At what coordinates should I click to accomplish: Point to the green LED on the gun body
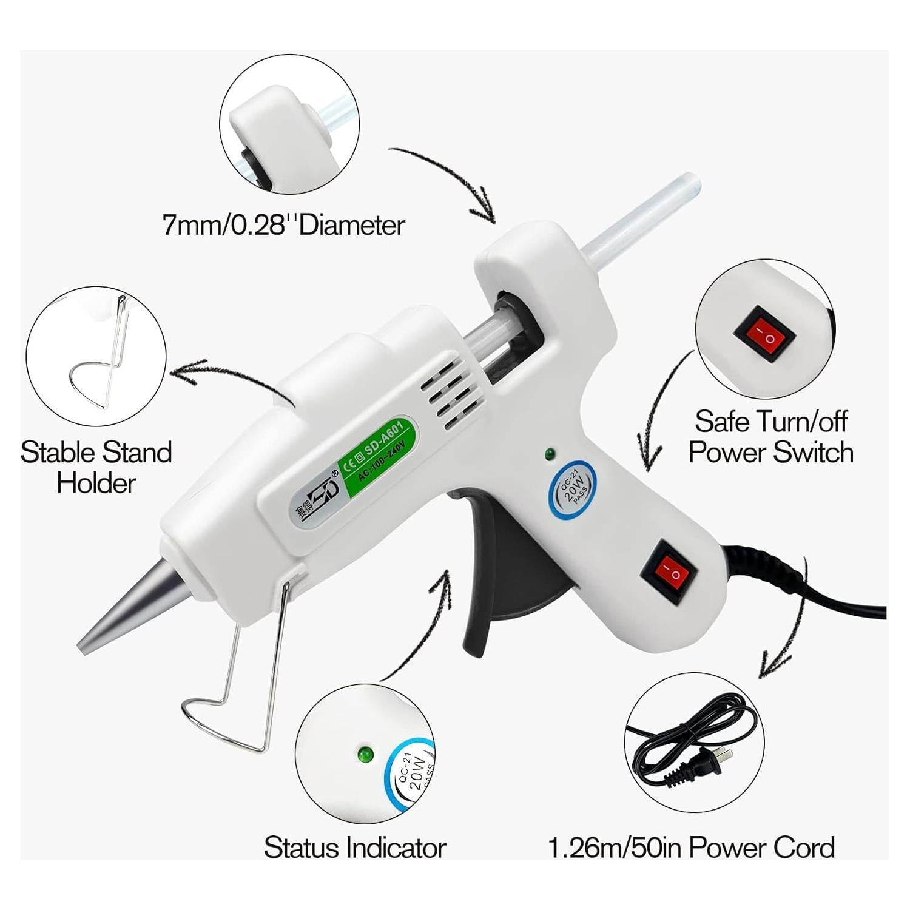click(550, 453)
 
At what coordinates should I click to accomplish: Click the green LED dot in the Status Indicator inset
click(365, 755)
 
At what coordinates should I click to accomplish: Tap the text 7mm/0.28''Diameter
click(283, 226)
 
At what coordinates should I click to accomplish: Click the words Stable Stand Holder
click(96, 468)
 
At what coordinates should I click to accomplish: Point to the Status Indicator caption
click(355, 848)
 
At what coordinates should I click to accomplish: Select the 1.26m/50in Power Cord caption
click(691, 848)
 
